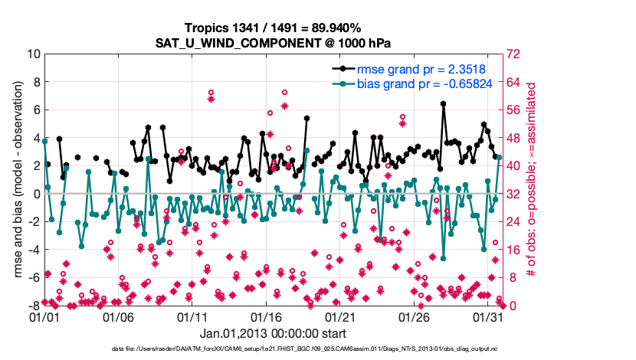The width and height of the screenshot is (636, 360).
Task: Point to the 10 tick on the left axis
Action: point(33,54)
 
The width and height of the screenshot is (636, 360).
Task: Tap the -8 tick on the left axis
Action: point(33,306)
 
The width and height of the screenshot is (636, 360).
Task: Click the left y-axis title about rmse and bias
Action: point(16,180)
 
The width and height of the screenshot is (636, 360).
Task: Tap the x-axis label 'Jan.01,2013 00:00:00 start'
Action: point(272,333)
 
